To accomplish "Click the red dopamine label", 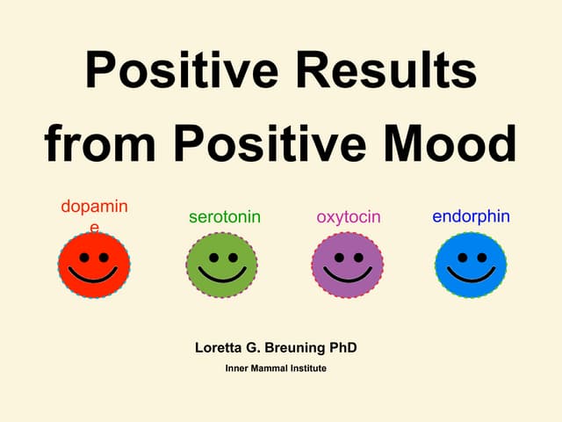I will point(94,207).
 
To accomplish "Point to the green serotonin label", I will point(225,216).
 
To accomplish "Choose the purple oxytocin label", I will point(349,216).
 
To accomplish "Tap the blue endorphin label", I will point(471,216).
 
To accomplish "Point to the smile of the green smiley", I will point(222,277).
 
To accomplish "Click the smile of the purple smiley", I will point(348,277).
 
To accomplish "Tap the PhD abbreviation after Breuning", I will point(342,347).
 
